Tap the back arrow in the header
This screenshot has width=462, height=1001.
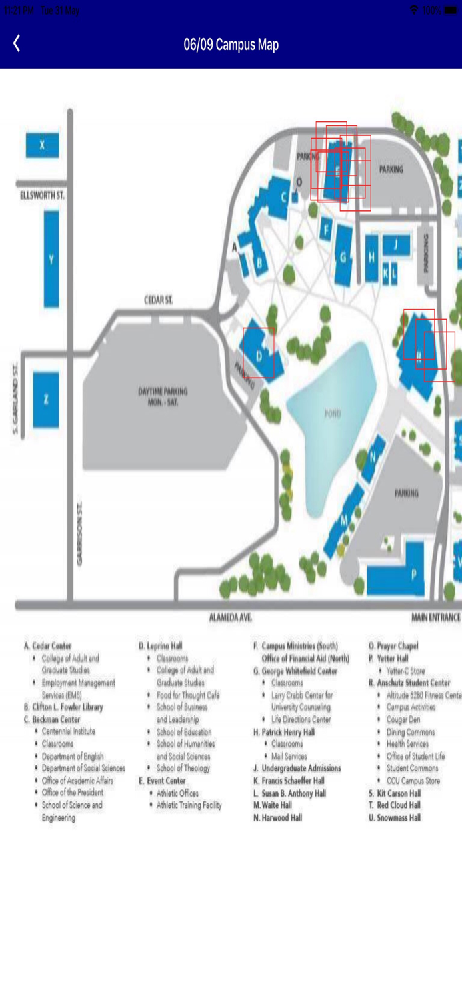click(17, 44)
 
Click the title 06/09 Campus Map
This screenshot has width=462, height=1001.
click(231, 45)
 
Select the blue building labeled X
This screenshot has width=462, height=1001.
click(42, 145)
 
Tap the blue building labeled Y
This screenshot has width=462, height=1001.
click(51, 259)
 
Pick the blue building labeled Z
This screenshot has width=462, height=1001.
click(46, 400)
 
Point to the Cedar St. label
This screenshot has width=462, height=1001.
click(159, 301)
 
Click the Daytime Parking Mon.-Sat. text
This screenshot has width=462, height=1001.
click(163, 396)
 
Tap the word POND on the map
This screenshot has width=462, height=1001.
click(332, 414)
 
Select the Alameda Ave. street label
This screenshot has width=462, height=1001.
click(231, 618)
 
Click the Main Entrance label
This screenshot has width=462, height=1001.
click(435, 618)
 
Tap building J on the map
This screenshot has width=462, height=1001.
click(396, 245)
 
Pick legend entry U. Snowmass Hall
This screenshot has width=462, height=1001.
click(395, 817)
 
